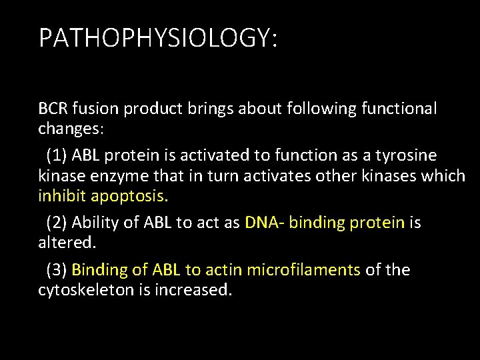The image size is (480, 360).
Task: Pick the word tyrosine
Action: click(409, 155)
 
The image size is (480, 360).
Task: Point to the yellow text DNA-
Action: click(266, 222)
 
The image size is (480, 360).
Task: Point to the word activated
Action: click(219, 155)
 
